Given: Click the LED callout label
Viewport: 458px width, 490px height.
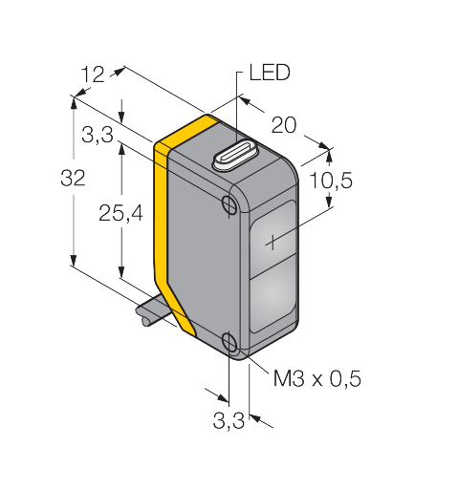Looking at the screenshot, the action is pos(270,73).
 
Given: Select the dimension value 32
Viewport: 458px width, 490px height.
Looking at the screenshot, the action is pos(73,178).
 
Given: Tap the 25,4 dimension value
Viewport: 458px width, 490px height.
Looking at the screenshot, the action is pos(120,213).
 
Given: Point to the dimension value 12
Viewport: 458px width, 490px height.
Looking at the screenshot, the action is pos(93,75).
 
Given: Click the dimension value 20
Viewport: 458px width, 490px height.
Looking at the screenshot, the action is pos(284,125).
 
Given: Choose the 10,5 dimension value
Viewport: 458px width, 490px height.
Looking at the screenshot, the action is pos(331,181).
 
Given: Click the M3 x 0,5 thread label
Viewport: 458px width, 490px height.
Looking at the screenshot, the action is pos(317,378).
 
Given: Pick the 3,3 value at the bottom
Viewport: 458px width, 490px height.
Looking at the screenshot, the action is pos(229,420).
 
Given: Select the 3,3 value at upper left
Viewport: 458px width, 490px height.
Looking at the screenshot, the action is pos(98,135).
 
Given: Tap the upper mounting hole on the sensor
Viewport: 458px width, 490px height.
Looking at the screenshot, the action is pos(229,204).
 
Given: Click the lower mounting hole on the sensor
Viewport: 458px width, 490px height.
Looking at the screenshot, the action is pos(229,341).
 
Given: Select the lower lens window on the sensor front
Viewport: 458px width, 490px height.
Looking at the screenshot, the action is pos(273,294).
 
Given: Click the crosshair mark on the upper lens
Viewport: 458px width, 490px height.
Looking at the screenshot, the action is pos(273,243).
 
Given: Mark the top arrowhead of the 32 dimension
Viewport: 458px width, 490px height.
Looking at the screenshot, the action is pos(74,102).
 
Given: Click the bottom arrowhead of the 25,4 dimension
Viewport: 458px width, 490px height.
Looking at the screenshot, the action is pos(121,271).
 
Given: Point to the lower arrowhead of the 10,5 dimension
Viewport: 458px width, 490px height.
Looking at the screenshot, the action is pos(330,202).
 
